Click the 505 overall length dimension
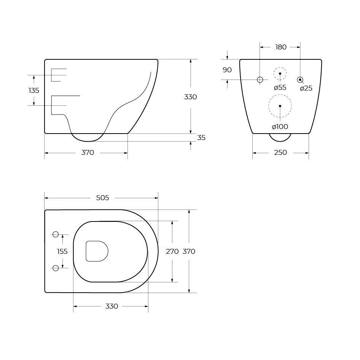pos(102,198)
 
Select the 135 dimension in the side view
pos(34,91)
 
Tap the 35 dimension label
pos(201,138)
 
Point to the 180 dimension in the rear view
pos(280,47)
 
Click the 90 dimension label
pos(227,70)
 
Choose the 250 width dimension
pos(280,153)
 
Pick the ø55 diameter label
pos(280,88)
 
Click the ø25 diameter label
pos(306,88)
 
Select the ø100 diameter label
pos(280,127)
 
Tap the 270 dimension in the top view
pos(172,252)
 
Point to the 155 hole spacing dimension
pos(62,252)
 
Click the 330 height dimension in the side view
pos(190,97)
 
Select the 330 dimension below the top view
pos(112,306)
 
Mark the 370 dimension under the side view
pos(88,153)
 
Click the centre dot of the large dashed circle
pos(280,106)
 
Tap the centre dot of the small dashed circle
pos(280,73)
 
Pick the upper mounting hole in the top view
pos(56,234)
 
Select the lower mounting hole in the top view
pos(56,268)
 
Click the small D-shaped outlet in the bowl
pos(97,251)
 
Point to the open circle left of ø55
pos(260,80)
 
